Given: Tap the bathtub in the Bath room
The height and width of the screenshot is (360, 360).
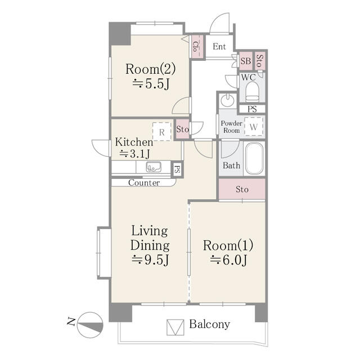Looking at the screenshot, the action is click(254, 159).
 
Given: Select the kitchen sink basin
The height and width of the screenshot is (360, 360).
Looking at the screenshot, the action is click(154, 167).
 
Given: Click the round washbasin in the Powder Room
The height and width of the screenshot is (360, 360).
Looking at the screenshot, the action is click(227, 100).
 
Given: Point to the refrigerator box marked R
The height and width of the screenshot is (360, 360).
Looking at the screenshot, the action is click(162, 132).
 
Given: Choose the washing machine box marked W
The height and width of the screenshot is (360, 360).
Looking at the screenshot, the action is click(254, 127).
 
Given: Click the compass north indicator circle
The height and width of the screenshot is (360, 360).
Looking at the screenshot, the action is click(90, 325).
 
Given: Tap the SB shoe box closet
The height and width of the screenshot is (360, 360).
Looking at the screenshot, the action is click(246, 61).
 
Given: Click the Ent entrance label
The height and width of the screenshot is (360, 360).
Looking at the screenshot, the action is click(219, 47).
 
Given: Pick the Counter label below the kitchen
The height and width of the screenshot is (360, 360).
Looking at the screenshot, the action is click(144, 183).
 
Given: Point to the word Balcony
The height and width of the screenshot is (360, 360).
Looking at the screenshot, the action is click(209, 325).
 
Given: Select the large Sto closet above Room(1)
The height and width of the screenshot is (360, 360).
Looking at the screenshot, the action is click(242, 190).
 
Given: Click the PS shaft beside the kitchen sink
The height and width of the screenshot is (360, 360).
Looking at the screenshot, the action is click(177, 169).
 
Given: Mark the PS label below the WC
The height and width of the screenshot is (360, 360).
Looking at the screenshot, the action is click(252, 109).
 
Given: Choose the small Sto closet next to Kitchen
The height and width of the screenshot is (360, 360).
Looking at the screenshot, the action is click(182, 129).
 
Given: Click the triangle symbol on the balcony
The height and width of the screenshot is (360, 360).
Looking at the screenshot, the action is click(175, 327).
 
